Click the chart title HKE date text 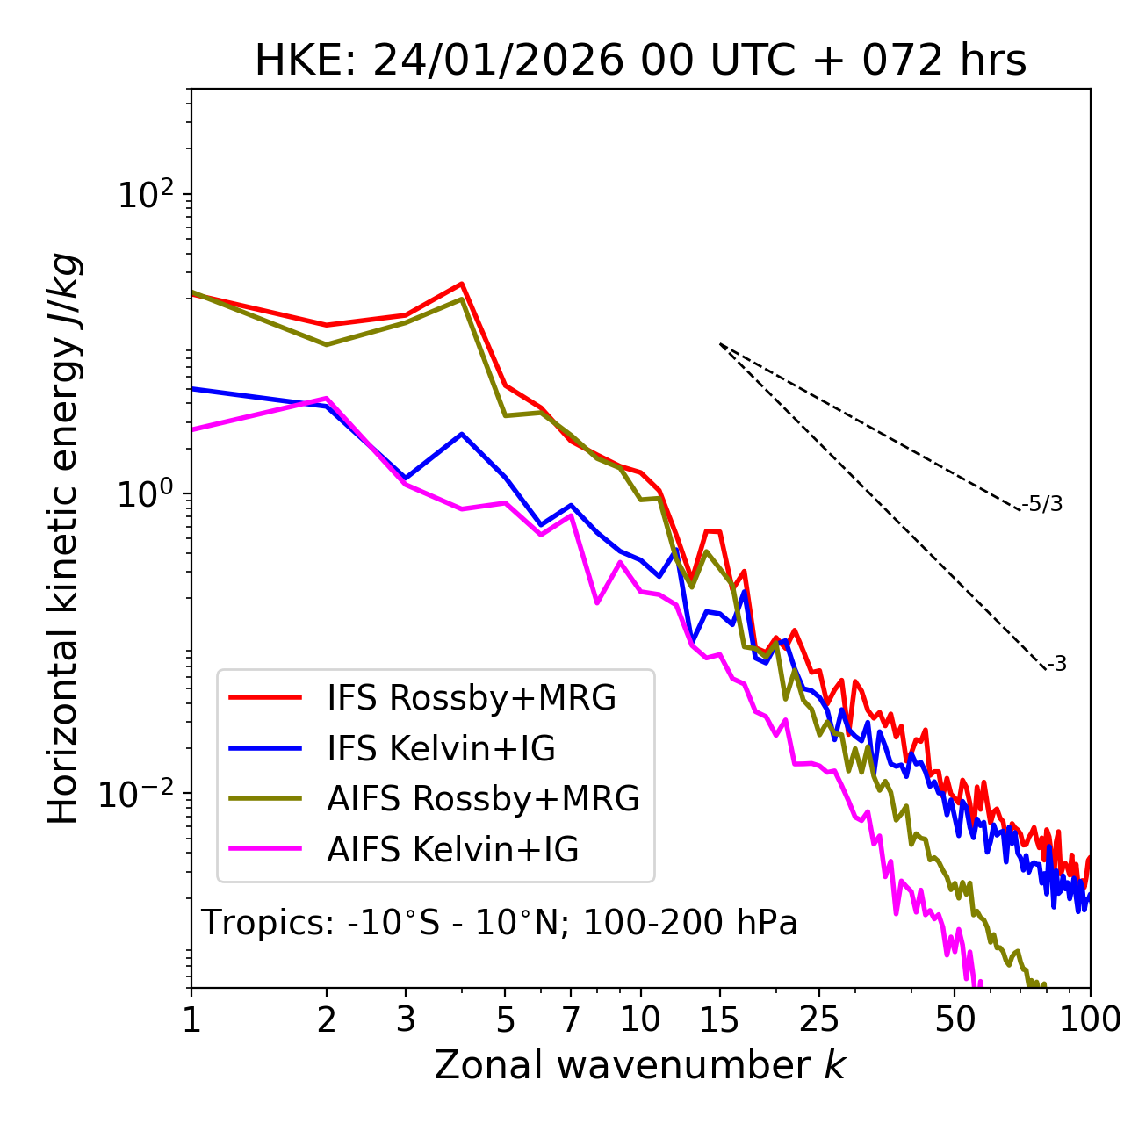point(640,61)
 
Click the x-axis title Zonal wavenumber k point(639,1064)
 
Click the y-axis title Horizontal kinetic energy point(63,538)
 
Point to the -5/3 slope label point(1042,504)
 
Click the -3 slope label point(1056,665)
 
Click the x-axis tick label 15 point(720,1019)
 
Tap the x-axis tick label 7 point(571,1019)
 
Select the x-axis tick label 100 point(1090,1019)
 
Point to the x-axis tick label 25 point(820,1019)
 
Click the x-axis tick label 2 point(327,1019)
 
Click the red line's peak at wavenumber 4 point(462,284)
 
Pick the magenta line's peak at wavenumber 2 point(327,398)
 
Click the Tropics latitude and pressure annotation point(500,923)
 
